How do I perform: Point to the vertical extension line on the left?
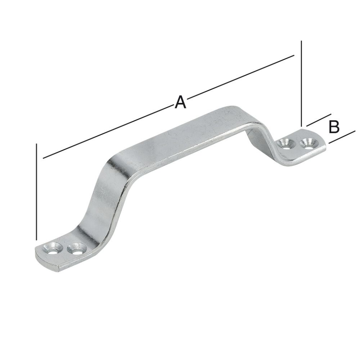pos(37,191)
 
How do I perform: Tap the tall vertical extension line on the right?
pos(301,83)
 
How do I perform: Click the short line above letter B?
pos(319,121)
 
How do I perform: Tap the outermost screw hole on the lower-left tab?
pos(50,248)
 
